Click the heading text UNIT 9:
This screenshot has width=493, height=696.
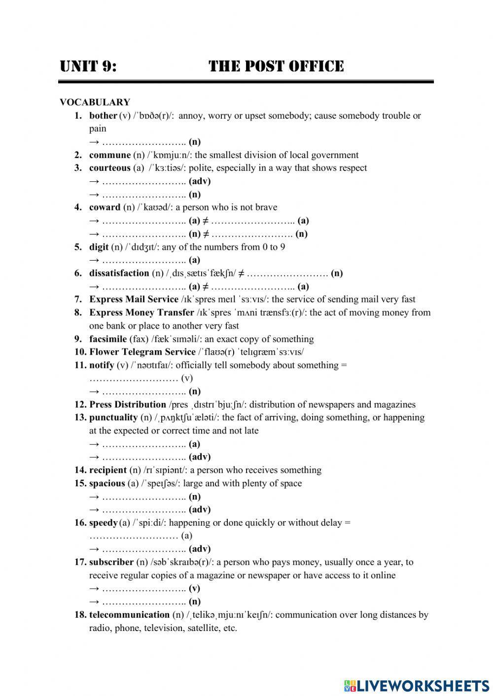tap(88, 66)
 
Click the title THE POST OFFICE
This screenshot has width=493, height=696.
tap(276, 66)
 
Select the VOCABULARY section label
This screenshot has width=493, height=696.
tap(95, 102)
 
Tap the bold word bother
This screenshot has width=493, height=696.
tap(103, 116)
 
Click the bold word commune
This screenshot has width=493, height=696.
tap(109, 155)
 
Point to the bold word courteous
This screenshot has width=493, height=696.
tap(109, 168)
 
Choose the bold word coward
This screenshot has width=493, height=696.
tap(105, 207)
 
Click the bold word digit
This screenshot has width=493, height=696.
tap(99, 247)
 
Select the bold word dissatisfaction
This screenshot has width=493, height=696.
tap(119, 273)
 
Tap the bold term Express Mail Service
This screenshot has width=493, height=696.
tap(134, 299)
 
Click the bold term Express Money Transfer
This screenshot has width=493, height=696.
tap(141, 313)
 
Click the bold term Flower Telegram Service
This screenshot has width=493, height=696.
tap(142, 352)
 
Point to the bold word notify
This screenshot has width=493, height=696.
tap(102, 365)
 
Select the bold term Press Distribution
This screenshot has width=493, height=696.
tap(128, 404)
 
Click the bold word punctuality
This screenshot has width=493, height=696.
tap(113, 418)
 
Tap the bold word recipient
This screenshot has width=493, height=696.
tap(107, 470)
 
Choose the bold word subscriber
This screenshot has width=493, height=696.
tap(111, 562)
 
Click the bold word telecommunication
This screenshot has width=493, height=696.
tap(129, 615)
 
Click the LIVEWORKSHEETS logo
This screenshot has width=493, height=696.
tap(417, 685)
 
